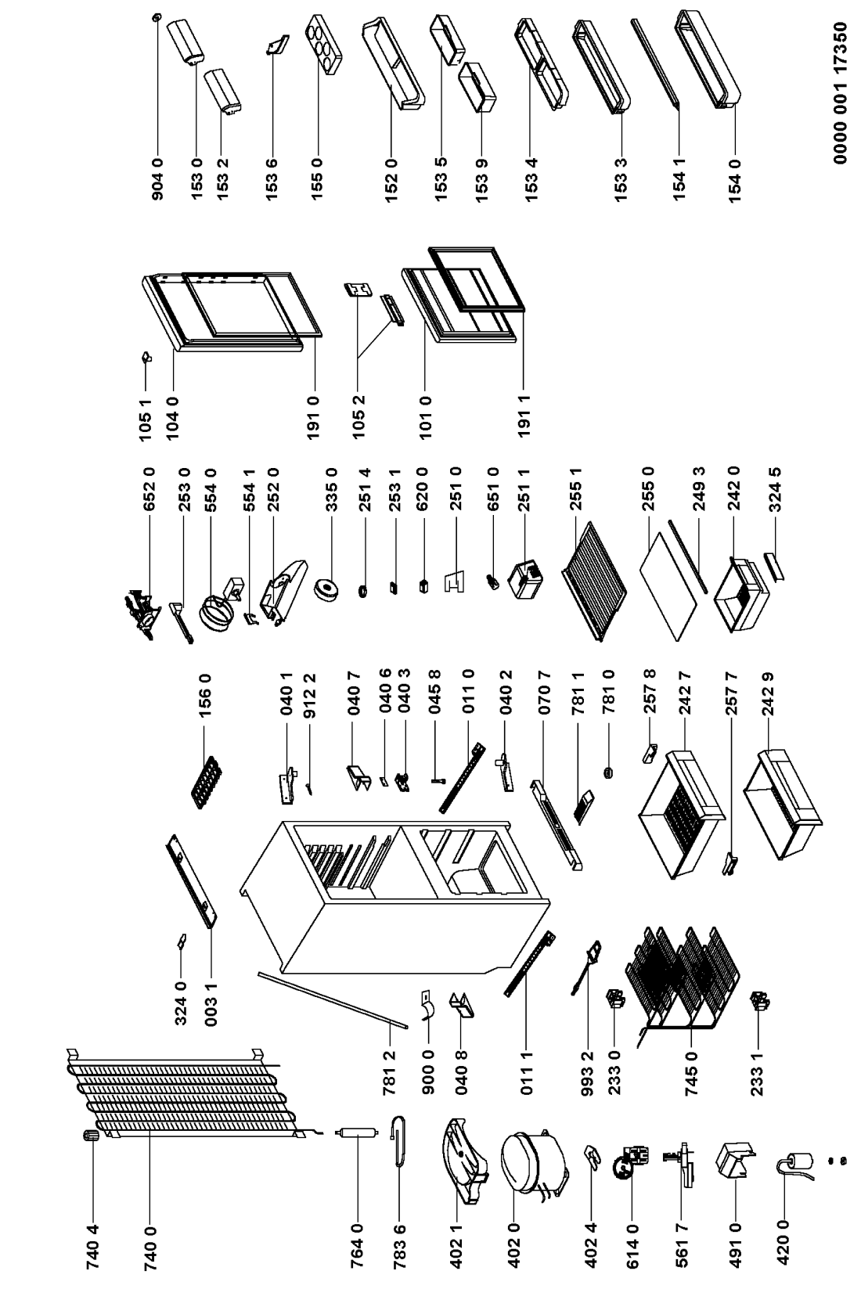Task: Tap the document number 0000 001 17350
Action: pyautogui.click(x=841, y=94)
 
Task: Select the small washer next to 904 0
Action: pyautogui.click(x=157, y=16)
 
